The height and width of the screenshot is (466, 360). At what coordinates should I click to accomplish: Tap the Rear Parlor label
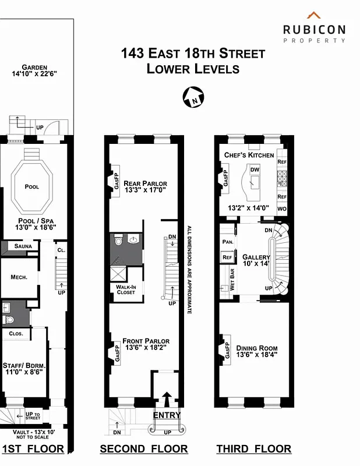[x=145, y=183]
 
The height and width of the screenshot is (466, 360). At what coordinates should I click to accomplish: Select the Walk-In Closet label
[x=126, y=289]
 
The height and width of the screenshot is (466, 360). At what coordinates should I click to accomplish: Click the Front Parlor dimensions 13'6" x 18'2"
[x=146, y=348]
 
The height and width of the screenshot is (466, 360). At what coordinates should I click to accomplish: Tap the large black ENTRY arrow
[x=167, y=401]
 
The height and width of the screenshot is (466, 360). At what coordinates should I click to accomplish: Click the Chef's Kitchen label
[x=249, y=155]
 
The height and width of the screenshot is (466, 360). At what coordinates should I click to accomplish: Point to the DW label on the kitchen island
[x=255, y=170]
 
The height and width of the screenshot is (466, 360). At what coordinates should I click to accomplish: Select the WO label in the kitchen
[x=282, y=209]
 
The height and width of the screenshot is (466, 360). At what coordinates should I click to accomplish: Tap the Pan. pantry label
[x=227, y=241]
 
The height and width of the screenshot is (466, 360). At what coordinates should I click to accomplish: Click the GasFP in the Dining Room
[x=225, y=351]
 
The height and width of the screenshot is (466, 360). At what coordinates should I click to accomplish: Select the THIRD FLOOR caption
[x=253, y=449]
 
